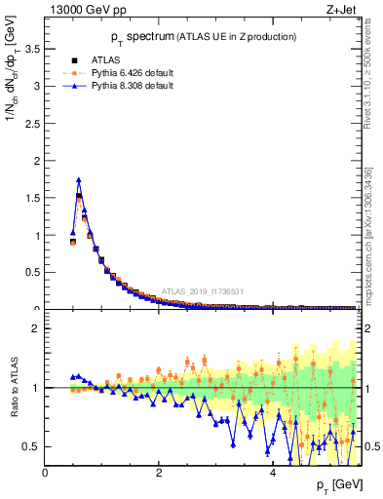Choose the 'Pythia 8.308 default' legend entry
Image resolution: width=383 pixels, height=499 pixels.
tap(127, 86)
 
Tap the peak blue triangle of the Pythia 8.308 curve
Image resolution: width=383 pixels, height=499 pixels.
tap(79, 179)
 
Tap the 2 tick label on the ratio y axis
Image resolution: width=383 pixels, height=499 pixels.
tap(36, 328)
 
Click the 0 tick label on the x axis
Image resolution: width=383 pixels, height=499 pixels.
tap(45, 472)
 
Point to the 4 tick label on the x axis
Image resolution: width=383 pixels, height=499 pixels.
tap(273, 472)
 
